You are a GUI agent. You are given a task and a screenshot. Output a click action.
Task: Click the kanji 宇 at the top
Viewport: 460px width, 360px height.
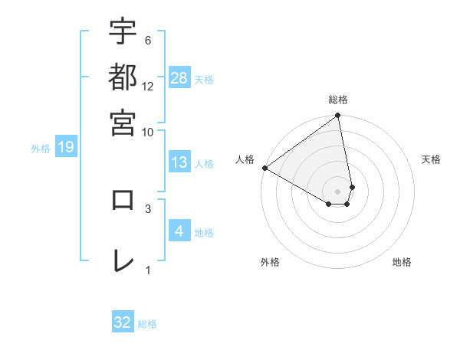123,32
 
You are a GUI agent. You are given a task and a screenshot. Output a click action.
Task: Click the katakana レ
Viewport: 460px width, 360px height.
123,260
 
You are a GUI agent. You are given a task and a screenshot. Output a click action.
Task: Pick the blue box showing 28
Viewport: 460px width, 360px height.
179,78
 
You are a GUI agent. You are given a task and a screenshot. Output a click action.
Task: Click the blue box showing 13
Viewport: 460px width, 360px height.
179,162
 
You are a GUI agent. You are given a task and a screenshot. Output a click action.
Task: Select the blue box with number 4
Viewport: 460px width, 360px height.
179,231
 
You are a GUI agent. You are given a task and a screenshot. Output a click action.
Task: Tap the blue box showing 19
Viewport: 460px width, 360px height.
66,148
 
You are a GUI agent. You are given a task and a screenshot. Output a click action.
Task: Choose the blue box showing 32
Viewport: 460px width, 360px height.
123,322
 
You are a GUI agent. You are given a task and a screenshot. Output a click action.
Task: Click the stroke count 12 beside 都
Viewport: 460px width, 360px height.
148,86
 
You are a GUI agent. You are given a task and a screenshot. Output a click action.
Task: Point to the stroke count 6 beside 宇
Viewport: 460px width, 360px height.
147,40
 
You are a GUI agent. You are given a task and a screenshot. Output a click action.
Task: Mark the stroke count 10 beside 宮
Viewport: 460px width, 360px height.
148,131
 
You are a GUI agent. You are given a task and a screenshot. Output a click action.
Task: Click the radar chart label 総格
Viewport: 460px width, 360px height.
338,100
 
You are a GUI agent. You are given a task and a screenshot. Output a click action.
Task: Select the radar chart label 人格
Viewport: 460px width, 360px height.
245,159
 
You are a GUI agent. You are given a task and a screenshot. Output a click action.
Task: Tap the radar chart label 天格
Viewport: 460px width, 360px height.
431,159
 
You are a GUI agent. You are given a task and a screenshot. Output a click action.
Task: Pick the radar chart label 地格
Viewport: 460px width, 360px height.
402,262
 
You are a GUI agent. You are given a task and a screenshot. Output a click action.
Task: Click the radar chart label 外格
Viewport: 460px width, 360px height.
270,262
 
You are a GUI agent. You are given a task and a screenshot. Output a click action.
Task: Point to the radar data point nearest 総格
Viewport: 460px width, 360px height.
338,116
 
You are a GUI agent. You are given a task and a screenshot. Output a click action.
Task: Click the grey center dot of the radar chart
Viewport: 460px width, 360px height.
338,191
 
